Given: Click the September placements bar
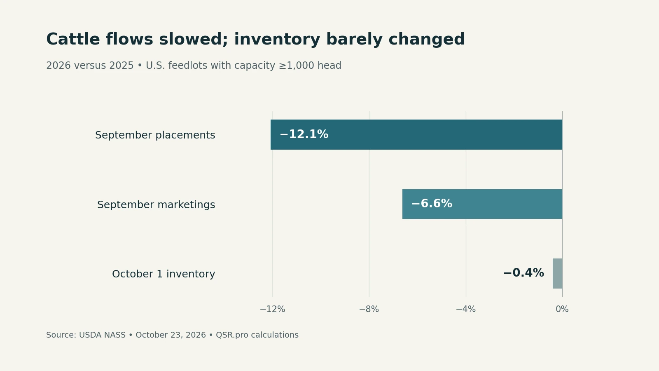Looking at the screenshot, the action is [x=416, y=134].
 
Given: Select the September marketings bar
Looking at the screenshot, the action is [x=482, y=204].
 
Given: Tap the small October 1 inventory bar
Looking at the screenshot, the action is [x=558, y=274].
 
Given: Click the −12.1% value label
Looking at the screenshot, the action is [x=304, y=134].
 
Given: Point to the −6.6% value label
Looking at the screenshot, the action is [x=432, y=204].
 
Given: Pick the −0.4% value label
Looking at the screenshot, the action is [x=523, y=273].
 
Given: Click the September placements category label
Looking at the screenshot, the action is [x=155, y=135].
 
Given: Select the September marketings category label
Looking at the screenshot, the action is [x=156, y=204].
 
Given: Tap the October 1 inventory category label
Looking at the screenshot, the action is [x=164, y=274].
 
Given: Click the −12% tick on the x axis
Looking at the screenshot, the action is [x=272, y=309].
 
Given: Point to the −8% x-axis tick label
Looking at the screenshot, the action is [x=369, y=309].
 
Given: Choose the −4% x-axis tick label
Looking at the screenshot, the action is [x=466, y=309].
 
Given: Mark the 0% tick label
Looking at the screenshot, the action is [x=562, y=309].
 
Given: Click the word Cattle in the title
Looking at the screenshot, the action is [x=73, y=40].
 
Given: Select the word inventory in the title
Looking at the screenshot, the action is [x=277, y=40].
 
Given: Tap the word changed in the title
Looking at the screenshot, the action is [x=427, y=40].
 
